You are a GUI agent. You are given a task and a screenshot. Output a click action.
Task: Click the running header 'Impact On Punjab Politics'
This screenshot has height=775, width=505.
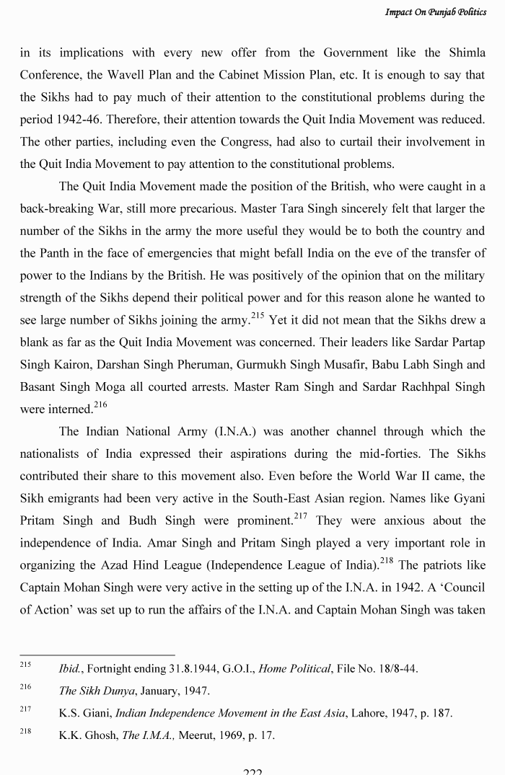(435, 12)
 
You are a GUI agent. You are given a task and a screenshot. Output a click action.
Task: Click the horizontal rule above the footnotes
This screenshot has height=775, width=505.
(97, 655)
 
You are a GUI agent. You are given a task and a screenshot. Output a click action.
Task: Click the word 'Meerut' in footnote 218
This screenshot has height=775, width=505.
(197, 735)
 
